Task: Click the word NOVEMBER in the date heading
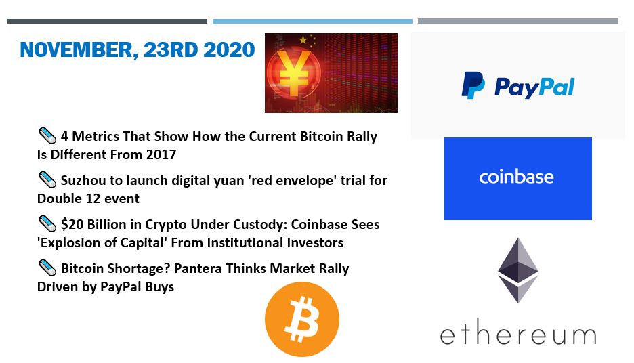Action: click(x=77, y=50)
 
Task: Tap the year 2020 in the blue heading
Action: click(x=229, y=49)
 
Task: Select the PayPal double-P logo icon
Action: click(x=473, y=85)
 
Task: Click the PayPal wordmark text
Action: click(x=534, y=87)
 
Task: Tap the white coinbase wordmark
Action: click(x=516, y=177)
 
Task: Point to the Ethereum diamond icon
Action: click(x=518, y=270)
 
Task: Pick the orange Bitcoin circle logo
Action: click(x=302, y=320)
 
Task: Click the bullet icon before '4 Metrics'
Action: click(x=47, y=135)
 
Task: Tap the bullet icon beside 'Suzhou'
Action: click(x=47, y=179)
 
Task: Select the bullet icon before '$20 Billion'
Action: click(x=47, y=223)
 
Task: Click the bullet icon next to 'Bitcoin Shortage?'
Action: click(x=47, y=268)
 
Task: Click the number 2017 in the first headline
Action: click(x=161, y=154)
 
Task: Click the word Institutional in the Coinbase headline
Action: click(x=245, y=242)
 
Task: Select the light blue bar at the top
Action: click(x=312, y=21)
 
